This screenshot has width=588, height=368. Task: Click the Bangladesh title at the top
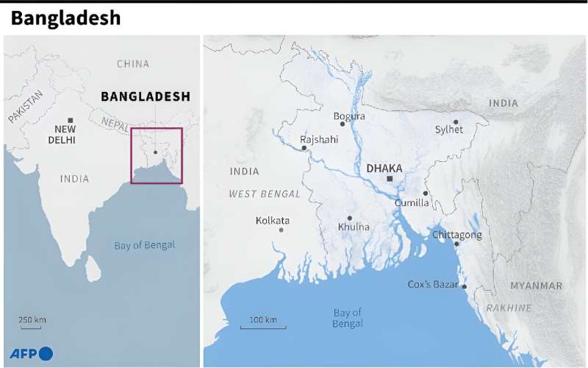pyautogui.click(x=65, y=18)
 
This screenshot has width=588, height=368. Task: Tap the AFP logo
pyautogui.click(x=31, y=353)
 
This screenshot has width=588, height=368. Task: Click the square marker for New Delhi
pyautogui.click(x=71, y=120)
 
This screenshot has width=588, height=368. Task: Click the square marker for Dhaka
pyautogui.click(x=390, y=179)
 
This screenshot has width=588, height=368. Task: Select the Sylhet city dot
pyautogui.click(x=456, y=122)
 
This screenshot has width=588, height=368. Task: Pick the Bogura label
pyautogui.click(x=349, y=116)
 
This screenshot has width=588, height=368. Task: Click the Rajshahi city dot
pyautogui.click(x=304, y=148)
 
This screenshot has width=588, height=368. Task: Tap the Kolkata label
pyautogui.click(x=273, y=220)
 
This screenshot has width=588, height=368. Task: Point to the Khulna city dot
pyautogui.click(x=350, y=218)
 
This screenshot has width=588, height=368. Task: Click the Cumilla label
pyautogui.click(x=412, y=202)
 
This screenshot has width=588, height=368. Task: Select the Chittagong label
pyautogui.click(x=457, y=235)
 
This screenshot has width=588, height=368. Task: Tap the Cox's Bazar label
pyautogui.click(x=433, y=284)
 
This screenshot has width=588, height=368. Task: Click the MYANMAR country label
pyautogui.click(x=536, y=286)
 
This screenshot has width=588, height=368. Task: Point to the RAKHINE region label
pyautogui.click(x=509, y=308)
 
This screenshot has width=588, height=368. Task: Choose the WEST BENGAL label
pyautogui.click(x=265, y=194)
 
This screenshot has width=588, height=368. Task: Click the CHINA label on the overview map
pyautogui.click(x=132, y=64)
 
